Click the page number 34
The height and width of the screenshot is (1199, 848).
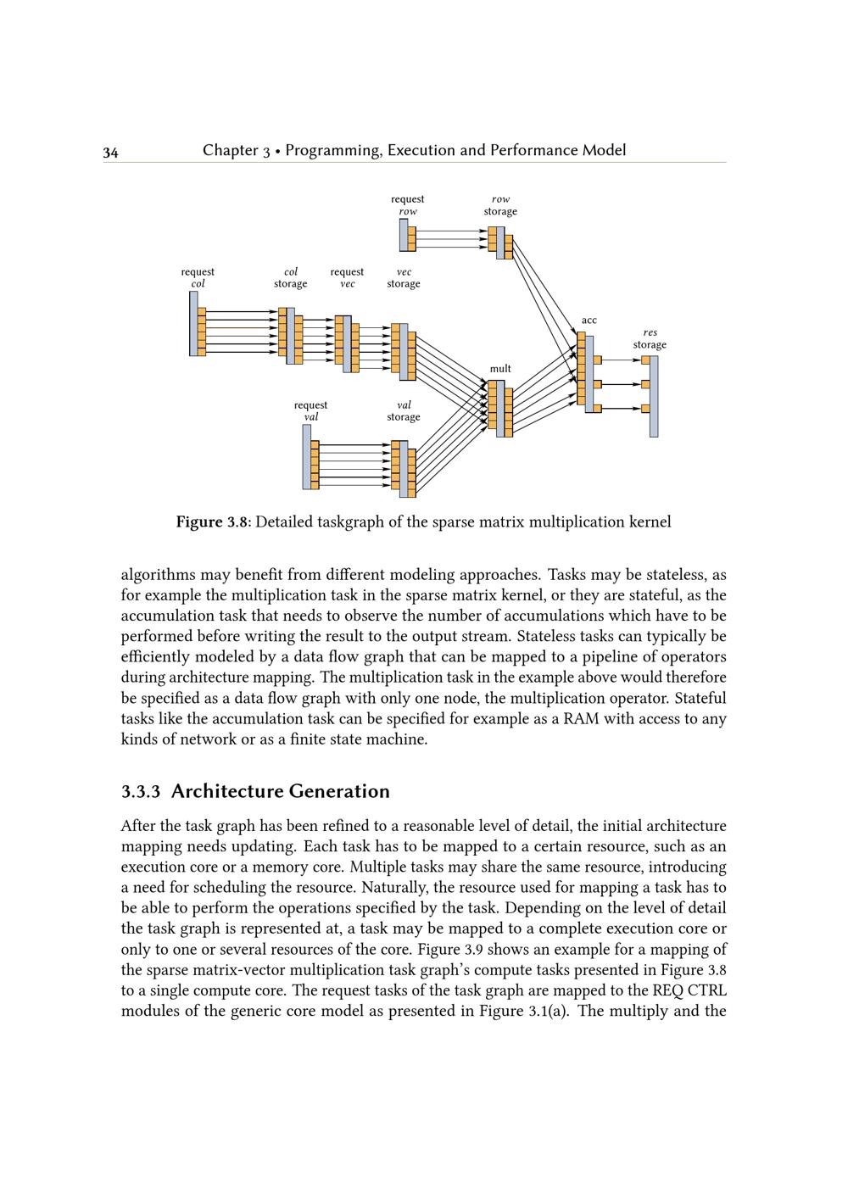[110, 153]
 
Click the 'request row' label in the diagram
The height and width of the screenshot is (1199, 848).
[407, 205]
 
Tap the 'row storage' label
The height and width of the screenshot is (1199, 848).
[500, 205]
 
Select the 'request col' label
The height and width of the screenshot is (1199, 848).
[198, 278]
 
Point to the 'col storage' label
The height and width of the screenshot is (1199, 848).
[290, 278]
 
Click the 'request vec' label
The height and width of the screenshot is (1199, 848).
[347, 278]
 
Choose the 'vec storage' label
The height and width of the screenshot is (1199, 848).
[404, 278]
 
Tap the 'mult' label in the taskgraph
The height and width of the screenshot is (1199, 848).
[500, 369]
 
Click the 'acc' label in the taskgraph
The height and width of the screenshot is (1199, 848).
[589, 321]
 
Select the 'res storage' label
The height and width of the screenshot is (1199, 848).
[650, 339]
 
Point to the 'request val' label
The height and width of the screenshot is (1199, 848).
[310, 411]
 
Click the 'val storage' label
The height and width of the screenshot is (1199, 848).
[404, 411]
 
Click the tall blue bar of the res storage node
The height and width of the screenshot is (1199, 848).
[654, 396]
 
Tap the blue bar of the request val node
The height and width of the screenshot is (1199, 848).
[306, 456]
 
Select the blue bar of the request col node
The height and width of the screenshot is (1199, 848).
[193, 324]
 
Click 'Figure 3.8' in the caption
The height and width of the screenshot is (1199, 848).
[212, 522]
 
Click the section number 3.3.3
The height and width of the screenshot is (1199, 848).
[141, 792]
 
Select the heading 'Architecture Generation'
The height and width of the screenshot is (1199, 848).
[281, 792]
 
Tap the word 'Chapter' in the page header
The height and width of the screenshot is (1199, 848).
[230, 151]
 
